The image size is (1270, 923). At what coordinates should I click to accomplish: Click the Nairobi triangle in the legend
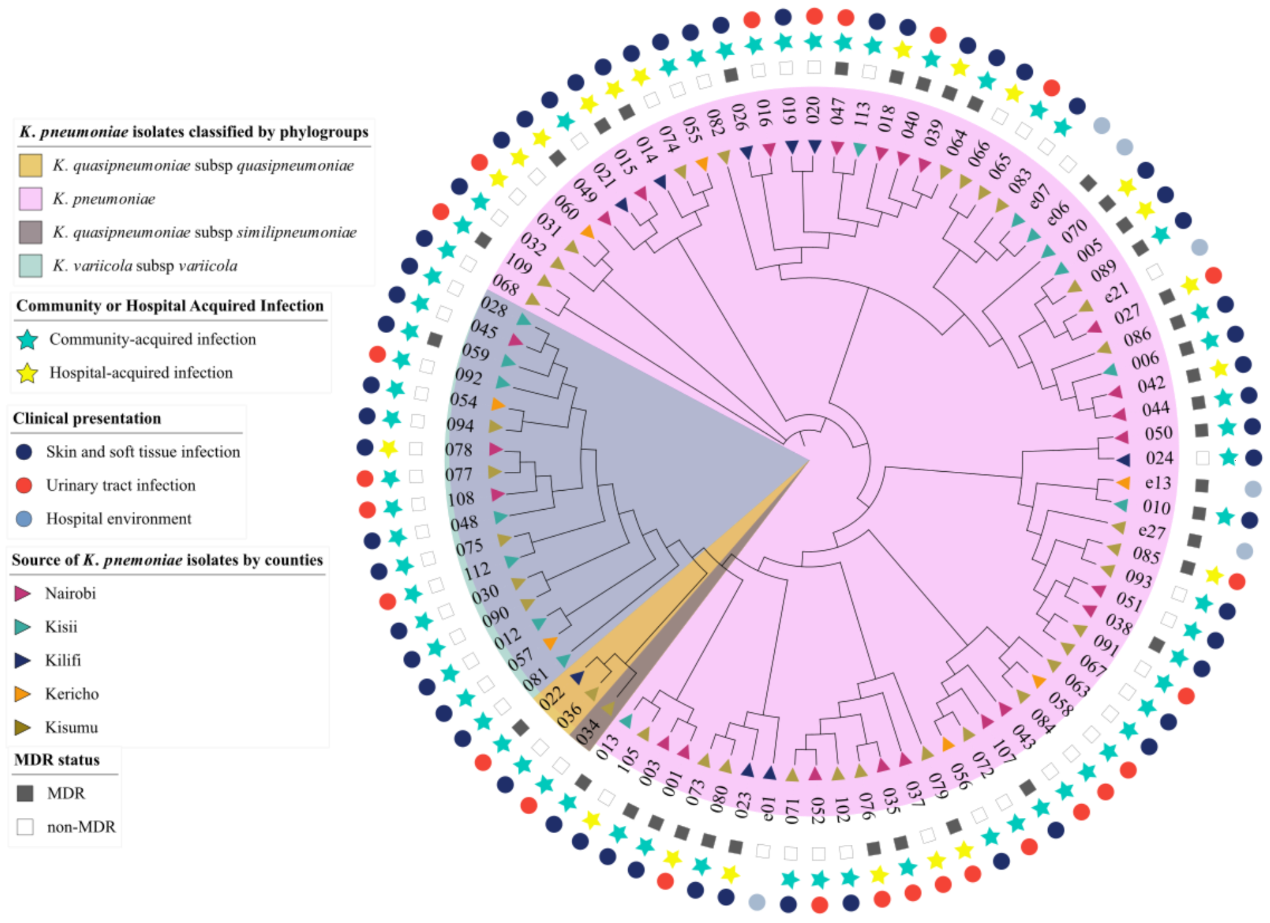[22, 593]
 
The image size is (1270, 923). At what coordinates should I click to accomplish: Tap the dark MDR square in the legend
[25, 793]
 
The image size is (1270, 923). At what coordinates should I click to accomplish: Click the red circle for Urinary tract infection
[24, 485]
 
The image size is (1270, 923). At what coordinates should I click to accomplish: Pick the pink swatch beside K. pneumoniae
[30, 199]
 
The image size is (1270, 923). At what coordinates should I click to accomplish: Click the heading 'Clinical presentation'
[87, 418]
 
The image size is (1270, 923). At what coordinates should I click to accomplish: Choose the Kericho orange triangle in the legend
[22, 694]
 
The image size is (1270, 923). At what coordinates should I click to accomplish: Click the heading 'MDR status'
[57, 759]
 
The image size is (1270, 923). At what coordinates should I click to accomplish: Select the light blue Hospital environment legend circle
[24, 519]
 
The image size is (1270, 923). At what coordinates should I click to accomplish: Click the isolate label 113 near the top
[862, 114]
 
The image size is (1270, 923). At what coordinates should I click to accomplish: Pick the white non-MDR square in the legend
[25, 827]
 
